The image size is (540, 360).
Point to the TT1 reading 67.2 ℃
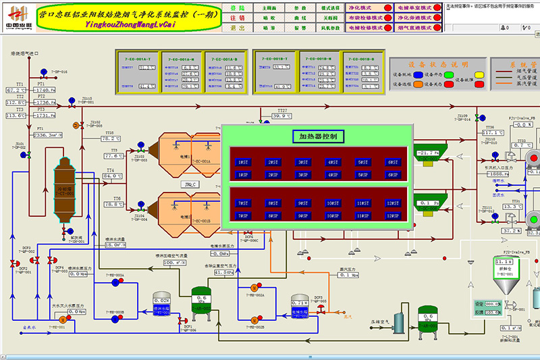point(16,90)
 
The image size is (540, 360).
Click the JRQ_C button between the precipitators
point(192,184)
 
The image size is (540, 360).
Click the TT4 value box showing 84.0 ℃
point(112,176)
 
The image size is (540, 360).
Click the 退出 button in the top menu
point(239,29)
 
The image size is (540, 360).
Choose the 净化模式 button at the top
point(362,8)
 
